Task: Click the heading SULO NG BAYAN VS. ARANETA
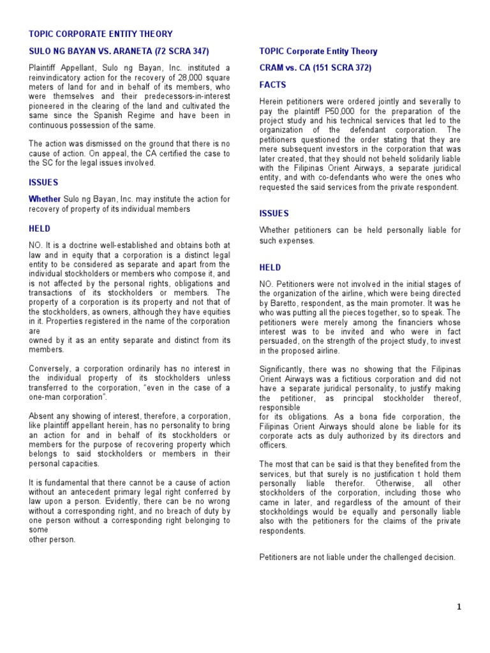[119, 51]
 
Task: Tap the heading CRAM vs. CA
[315, 68]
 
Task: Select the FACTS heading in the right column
[272, 85]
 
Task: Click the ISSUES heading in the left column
[43, 182]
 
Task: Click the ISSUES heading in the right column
[274, 214]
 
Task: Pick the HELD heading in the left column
[40, 228]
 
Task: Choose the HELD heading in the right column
[270, 268]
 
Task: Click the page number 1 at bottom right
[459, 608]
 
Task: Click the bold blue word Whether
[45, 199]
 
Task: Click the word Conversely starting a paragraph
[53, 369]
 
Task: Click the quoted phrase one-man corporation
[67, 397]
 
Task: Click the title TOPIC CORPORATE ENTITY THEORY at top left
[100, 34]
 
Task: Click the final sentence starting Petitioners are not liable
[357, 557]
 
